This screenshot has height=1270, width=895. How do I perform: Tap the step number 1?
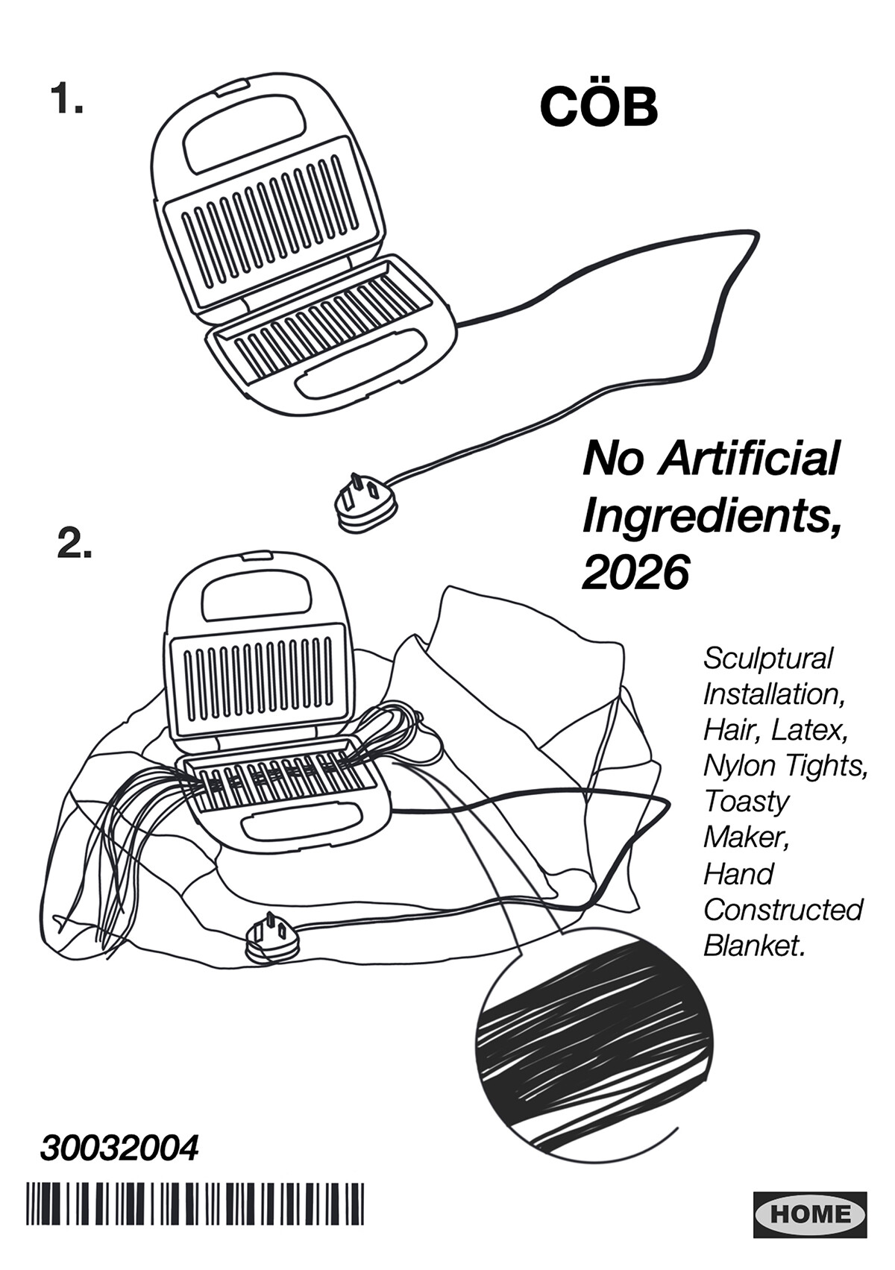click(66, 98)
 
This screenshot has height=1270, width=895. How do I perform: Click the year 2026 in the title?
click(635, 573)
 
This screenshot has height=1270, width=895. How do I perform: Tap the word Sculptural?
click(768, 658)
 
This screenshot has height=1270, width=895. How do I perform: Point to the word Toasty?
click(747, 802)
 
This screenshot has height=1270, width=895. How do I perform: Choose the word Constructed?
click(782, 909)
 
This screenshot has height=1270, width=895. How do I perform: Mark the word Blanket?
click(754, 945)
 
